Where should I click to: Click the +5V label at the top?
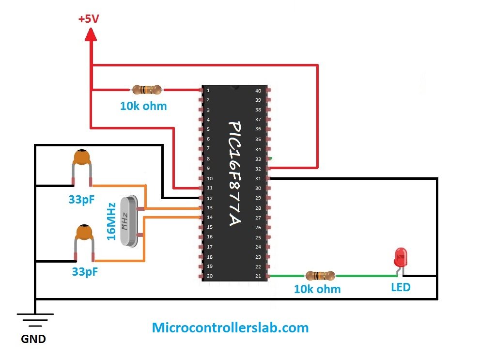pyautogui.click(x=90, y=19)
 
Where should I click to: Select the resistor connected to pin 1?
pyautogui.click(x=146, y=90)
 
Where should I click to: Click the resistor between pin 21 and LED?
pyautogui.click(x=320, y=276)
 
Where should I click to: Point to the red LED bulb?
pyautogui.click(x=401, y=255)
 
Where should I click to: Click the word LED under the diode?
pyautogui.click(x=401, y=287)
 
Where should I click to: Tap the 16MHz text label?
pyautogui.click(x=111, y=221)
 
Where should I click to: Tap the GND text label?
pyautogui.click(x=33, y=339)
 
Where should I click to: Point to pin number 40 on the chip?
pyautogui.click(x=258, y=91)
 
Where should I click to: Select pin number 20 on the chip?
pyautogui.click(x=209, y=276)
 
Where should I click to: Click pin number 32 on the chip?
pyautogui.click(x=258, y=169)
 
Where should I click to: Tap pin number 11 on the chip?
pyautogui.click(x=209, y=188)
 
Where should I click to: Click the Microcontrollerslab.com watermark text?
pyautogui.click(x=230, y=328)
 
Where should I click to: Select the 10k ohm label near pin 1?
pyautogui.click(x=143, y=106)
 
